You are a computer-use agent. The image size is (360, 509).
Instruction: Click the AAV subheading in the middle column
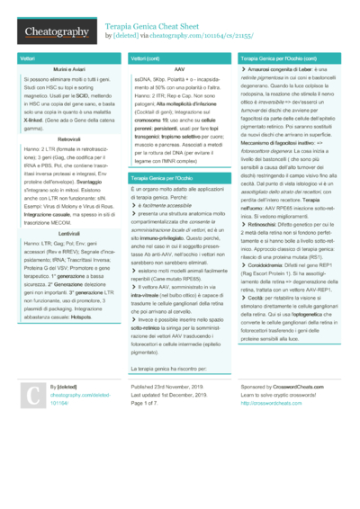[180, 69]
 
